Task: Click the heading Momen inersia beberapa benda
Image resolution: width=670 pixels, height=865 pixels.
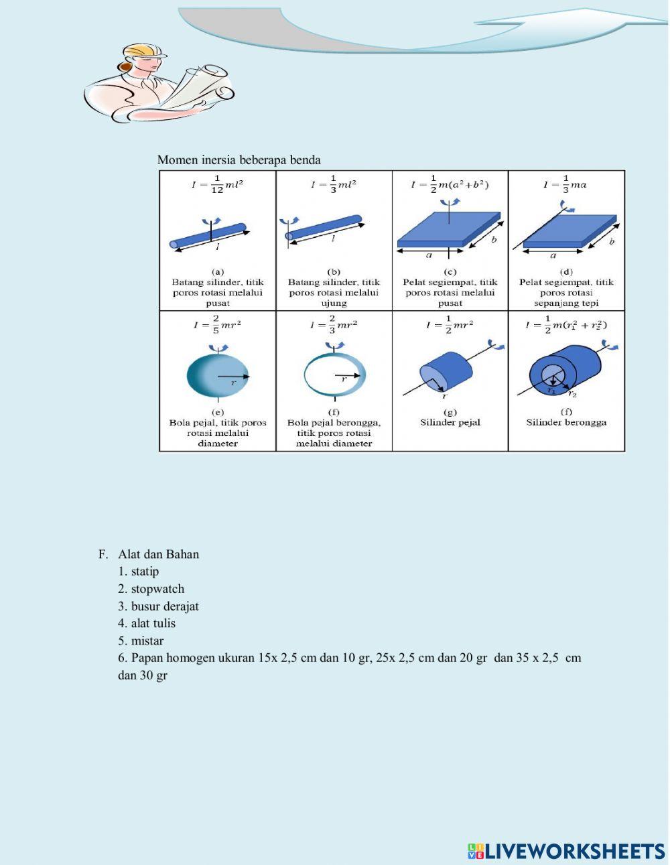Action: pyautogui.click(x=239, y=160)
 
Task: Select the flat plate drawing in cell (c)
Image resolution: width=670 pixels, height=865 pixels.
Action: pyautogui.click(x=448, y=231)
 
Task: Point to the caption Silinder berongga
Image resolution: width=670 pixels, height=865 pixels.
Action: pyautogui.click(x=566, y=423)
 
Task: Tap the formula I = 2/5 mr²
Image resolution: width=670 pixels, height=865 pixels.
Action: pyautogui.click(x=217, y=325)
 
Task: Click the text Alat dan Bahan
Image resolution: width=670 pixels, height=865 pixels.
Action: pyautogui.click(x=158, y=554)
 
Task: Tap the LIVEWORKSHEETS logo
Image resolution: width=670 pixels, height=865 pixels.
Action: pyautogui.click(x=566, y=851)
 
